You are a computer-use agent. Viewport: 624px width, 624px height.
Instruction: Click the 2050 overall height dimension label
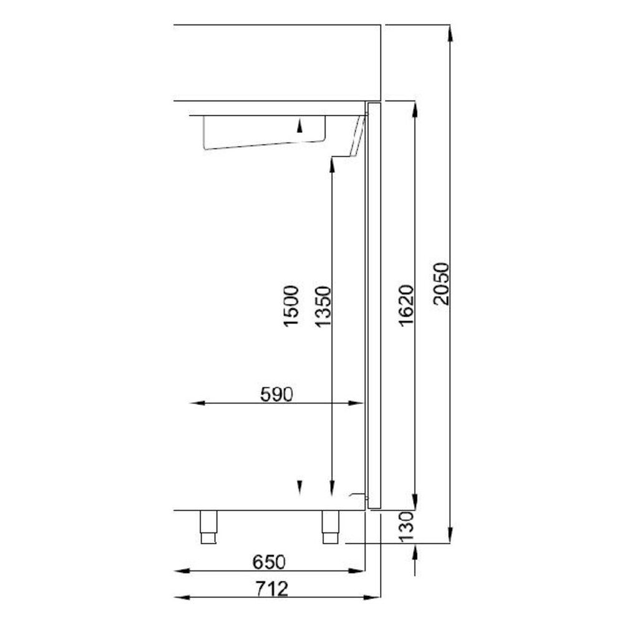441,285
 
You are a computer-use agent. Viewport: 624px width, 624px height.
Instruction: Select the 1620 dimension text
406,305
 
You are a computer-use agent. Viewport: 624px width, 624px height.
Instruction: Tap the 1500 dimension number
290,306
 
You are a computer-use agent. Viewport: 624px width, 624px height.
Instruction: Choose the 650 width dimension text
269,562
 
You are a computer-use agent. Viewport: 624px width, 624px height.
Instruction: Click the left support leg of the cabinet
208,527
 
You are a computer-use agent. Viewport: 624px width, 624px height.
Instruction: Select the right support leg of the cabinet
330,527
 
